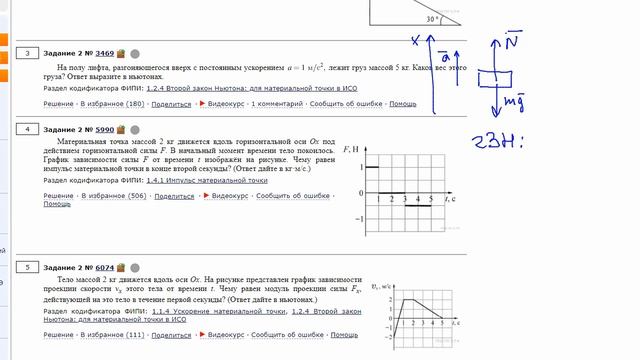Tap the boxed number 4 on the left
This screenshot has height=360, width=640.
click(29, 129)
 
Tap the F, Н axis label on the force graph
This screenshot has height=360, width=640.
click(350, 149)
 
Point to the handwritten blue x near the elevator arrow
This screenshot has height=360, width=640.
click(415, 40)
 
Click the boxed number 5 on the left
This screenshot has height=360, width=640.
click(29, 267)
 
